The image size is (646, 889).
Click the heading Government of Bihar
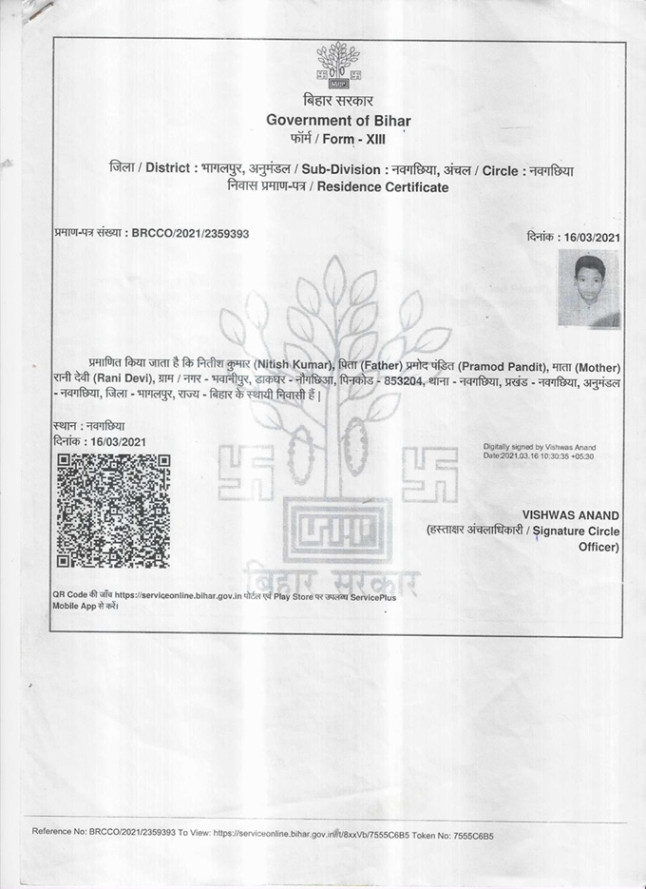click(339, 119)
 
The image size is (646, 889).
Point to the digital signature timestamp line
click(539, 455)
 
